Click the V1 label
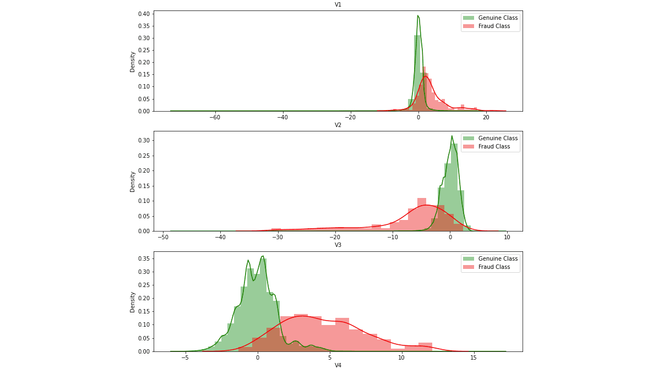click(x=338, y=5)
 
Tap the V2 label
click(x=338, y=125)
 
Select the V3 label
click(x=338, y=245)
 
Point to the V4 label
click(x=338, y=365)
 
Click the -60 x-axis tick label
click(x=215, y=117)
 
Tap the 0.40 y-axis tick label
click(x=143, y=14)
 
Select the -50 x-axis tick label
click(x=163, y=237)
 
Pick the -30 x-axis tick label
click(x=278, y=237)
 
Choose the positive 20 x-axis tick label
click(x=486, y=117)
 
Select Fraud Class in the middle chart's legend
click(x=494, y=147)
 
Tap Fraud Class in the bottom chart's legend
click(x=494, y=267)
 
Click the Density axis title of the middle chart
click(x=133, y=181)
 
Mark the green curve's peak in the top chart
click(x=418, y=16)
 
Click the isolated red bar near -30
click(x=276, y=229)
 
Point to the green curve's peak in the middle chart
click(x=452, y=136)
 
